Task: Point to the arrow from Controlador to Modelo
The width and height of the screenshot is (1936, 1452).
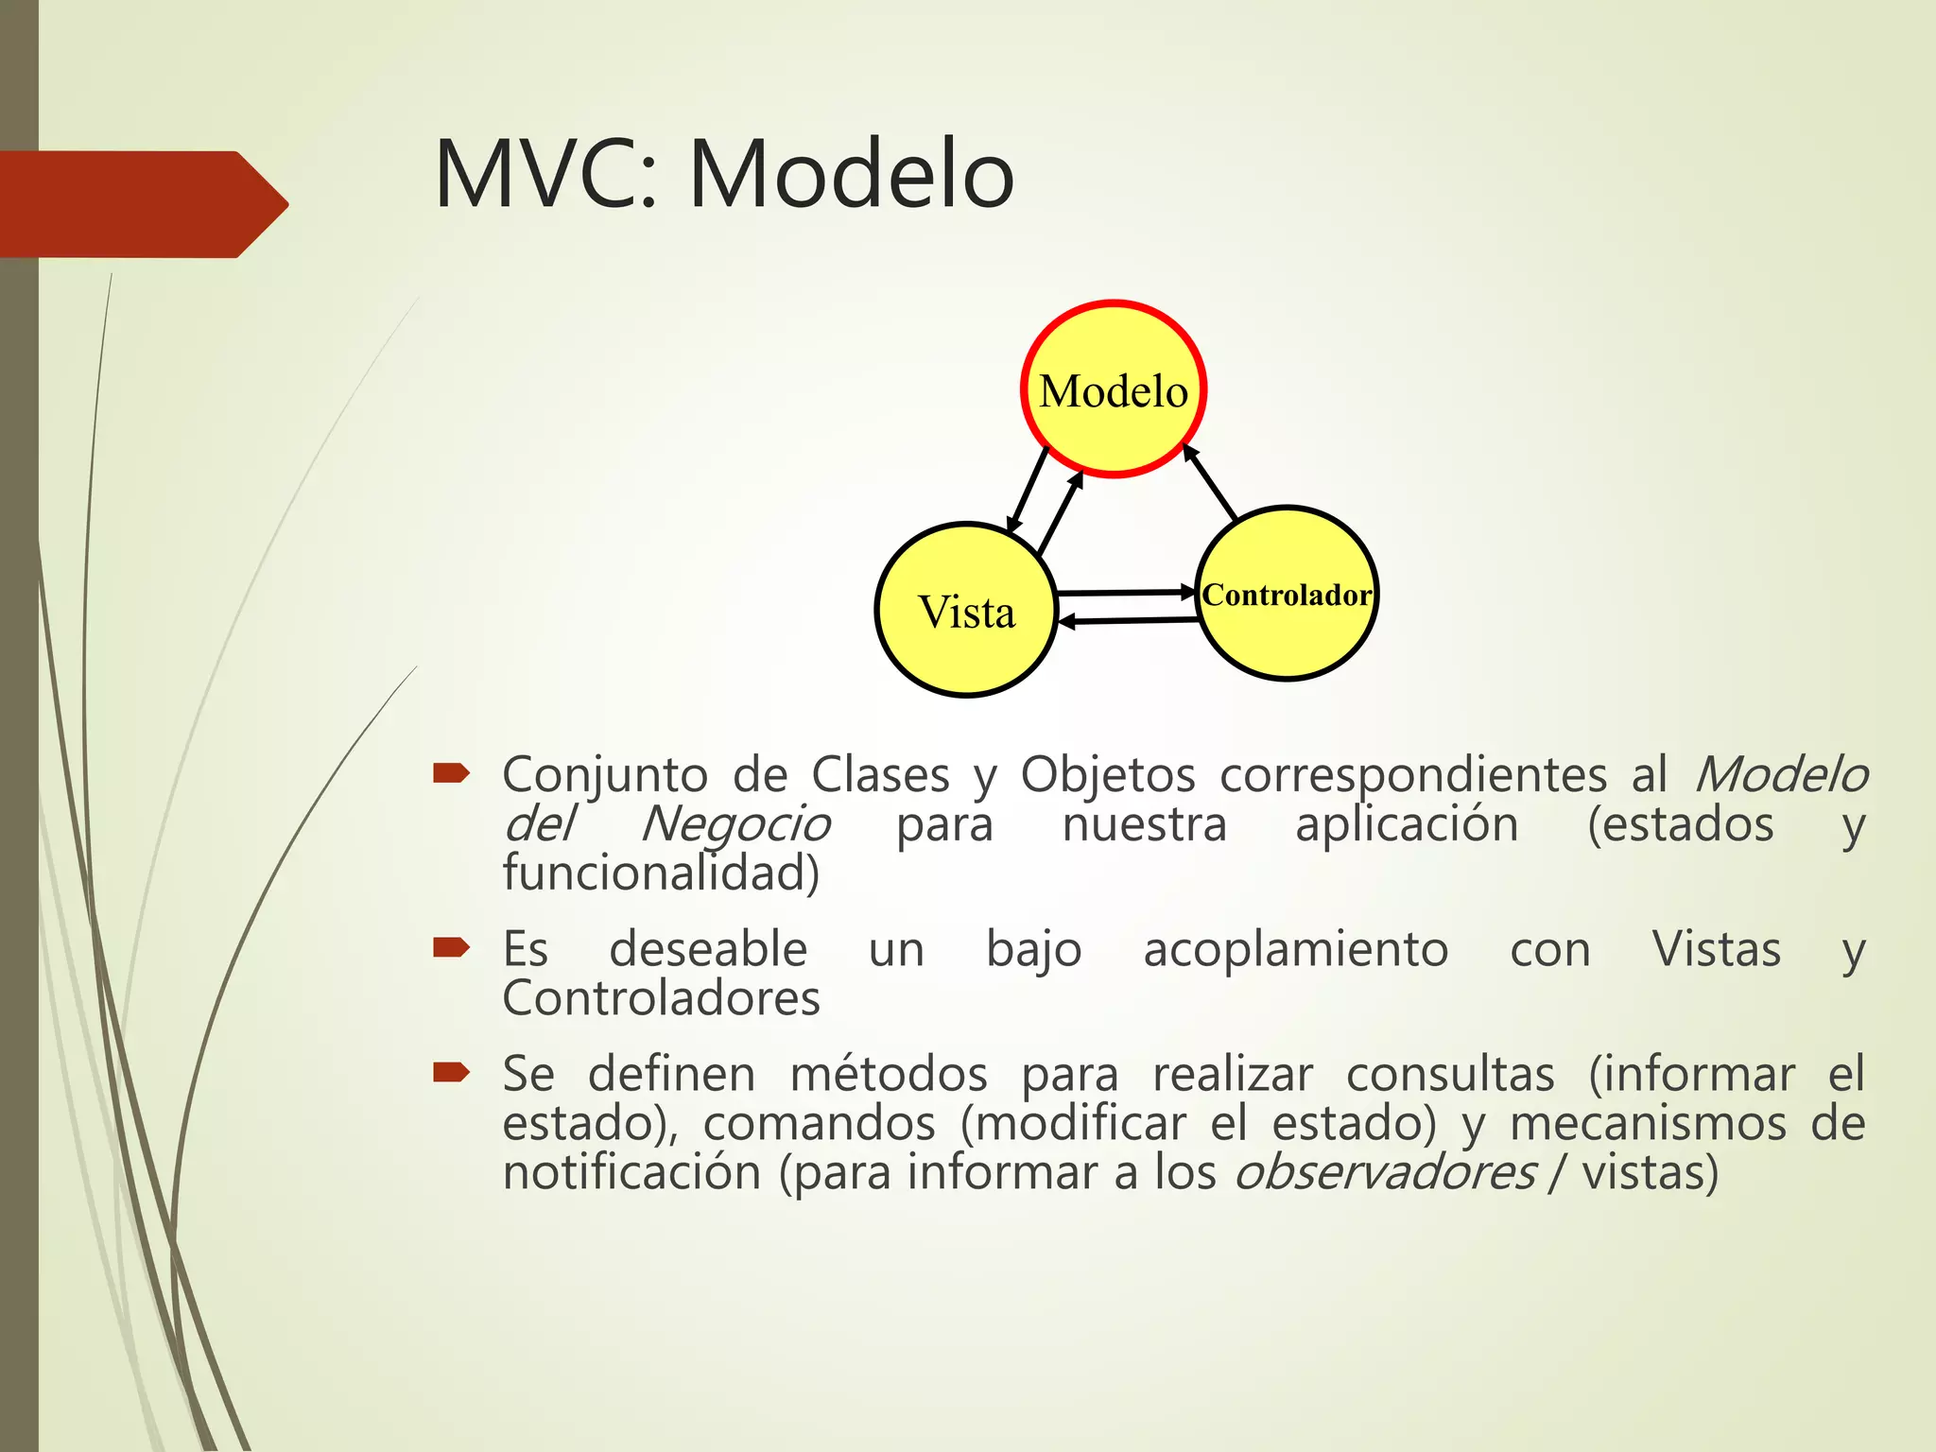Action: click(1211, 482)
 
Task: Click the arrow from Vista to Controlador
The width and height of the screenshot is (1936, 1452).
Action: click(1125, 593)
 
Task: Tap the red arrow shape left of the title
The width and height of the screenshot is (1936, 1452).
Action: click(142, 204)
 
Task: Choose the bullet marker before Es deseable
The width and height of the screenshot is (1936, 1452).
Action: click(451, 948)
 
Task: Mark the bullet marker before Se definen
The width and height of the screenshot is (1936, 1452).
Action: click(451, 1072)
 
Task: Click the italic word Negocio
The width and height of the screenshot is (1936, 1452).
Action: click(735, 824)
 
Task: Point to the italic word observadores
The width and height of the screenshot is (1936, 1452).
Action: click(1385, 1173)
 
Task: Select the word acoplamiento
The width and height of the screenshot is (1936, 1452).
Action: click(1295, 949)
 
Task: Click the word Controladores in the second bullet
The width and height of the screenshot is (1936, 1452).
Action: click(661, 998)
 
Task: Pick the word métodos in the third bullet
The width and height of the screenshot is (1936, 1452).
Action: click(889, 1074)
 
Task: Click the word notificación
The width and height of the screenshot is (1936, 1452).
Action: click(631, 1173)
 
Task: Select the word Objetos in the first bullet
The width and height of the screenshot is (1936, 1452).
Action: click(1108, 775)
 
